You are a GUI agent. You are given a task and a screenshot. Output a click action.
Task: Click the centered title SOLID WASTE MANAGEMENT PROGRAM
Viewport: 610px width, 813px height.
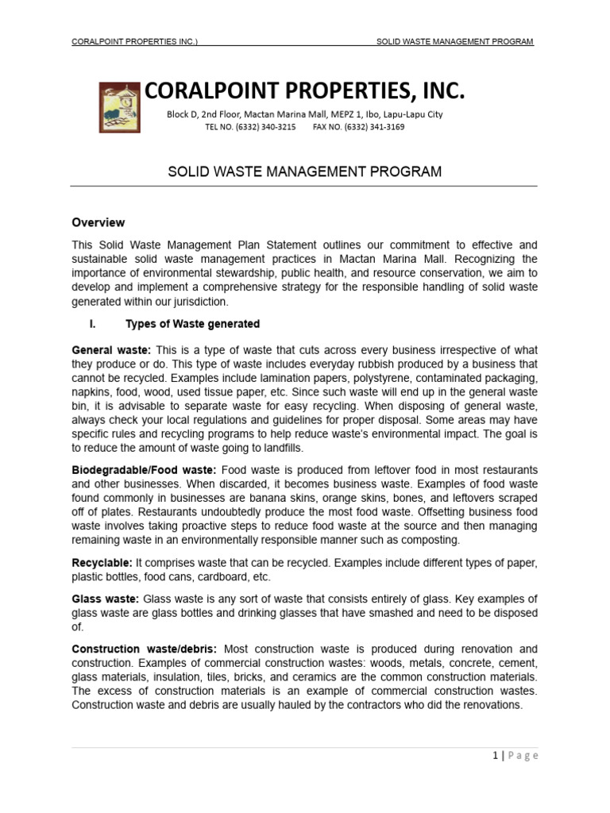click(x=304, y=171)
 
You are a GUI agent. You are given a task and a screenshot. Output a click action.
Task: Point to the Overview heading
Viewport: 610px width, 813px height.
click(x=98, y=222)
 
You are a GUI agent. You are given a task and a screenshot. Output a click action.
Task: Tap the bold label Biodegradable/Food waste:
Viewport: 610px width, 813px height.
click(x=144, y=470)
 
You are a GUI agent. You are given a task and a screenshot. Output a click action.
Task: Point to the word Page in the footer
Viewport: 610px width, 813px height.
click(x=521, y=756)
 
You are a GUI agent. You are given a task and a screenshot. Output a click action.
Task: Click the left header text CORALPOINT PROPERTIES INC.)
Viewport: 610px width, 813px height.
click(x=134, y=41)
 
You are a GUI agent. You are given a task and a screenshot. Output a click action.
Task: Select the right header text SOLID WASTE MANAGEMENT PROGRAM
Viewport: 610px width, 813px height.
click(x=454, y=41)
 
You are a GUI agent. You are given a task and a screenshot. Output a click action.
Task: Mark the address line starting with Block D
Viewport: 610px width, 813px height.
click(x=304, y=114)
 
